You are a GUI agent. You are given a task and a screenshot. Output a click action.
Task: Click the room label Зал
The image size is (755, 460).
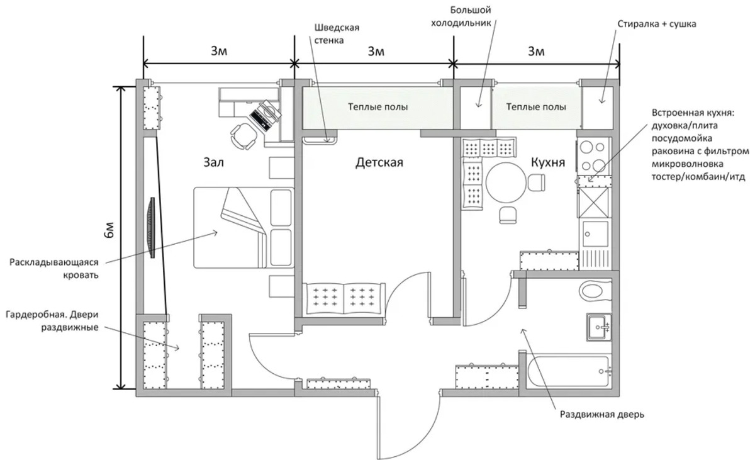[213, 163]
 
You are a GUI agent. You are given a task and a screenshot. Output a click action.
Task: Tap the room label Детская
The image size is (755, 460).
[379, 163]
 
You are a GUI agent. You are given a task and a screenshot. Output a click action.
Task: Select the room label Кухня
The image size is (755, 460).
[548, 163]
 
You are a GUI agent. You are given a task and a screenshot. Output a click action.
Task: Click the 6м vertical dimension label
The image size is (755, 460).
[111, 232]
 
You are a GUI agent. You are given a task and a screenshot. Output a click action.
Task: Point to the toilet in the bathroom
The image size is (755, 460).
[594, 291]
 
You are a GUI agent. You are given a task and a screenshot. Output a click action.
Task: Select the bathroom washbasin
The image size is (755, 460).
[598, 326]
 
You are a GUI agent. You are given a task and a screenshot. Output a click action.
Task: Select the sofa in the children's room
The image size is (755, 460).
[344, 298]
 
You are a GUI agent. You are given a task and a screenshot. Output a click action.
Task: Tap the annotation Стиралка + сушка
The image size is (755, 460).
[656, 24]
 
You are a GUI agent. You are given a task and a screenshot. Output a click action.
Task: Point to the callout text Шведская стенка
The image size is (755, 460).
[337, 34]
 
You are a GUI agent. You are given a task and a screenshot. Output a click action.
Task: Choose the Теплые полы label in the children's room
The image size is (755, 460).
[378, 107]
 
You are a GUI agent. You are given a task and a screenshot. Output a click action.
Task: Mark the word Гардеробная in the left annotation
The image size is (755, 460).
[37, 314]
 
